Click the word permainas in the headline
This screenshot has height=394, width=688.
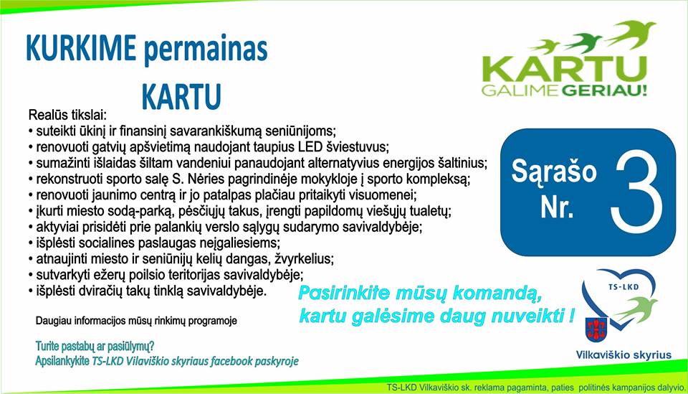(x=206, y=50)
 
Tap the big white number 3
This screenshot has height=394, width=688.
(x=638, y=192)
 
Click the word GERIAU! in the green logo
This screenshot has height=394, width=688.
(x=604, y=91)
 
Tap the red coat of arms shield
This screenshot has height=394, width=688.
(x=596, y=329)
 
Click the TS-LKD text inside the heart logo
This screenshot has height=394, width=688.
(x=623, y=287)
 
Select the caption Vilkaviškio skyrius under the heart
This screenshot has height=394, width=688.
(x=623, y=355)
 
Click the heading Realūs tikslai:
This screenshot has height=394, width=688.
(x=67, y=115)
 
